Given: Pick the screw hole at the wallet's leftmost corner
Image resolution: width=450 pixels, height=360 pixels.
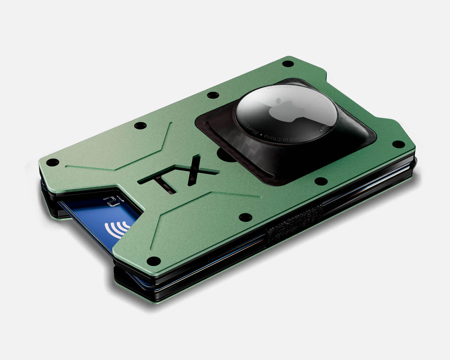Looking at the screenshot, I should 53,162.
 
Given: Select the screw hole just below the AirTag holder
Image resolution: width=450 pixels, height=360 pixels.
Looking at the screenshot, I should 320,181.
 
